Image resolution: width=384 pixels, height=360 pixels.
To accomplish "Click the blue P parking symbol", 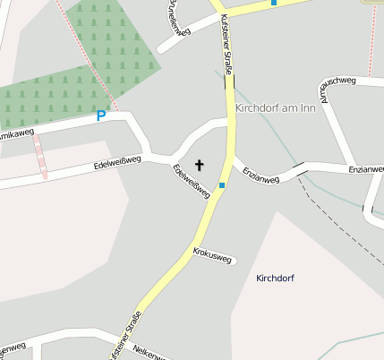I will coord(101,116).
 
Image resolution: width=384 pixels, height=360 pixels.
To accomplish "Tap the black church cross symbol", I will coord(199,165).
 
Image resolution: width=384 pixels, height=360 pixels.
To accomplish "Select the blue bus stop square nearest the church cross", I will coord(221,185).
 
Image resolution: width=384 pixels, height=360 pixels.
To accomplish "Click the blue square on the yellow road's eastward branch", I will coord(274,3).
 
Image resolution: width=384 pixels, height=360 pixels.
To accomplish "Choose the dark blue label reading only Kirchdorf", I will coord(275,278).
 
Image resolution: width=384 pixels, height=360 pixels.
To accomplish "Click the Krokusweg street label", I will coord(212,256).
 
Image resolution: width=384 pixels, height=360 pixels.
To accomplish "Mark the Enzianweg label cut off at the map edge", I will coord(367,168).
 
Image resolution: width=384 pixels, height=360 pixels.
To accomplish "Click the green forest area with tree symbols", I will coord(98,45).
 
